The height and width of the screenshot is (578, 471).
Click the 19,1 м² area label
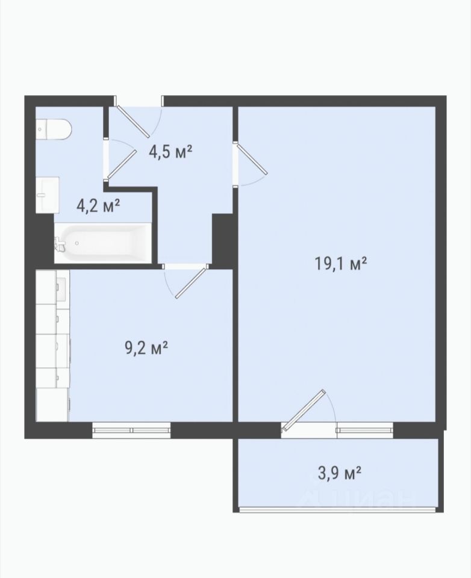340,264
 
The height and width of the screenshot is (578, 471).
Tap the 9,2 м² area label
146,347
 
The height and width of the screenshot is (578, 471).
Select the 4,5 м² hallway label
171,151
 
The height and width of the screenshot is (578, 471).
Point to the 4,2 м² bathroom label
98,205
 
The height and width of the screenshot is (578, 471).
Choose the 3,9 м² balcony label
339,473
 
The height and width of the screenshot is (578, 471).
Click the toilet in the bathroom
54,129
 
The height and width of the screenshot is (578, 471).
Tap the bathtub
103,243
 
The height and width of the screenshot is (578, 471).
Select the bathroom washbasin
47,194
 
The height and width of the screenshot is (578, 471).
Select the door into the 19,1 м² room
252,159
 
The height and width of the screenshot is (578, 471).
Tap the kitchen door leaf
190,283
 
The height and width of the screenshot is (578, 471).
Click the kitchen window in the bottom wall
131,430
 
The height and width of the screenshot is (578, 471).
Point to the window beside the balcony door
364,430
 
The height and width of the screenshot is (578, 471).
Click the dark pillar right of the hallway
221,241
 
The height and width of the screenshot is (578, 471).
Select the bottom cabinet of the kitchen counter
52,405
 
